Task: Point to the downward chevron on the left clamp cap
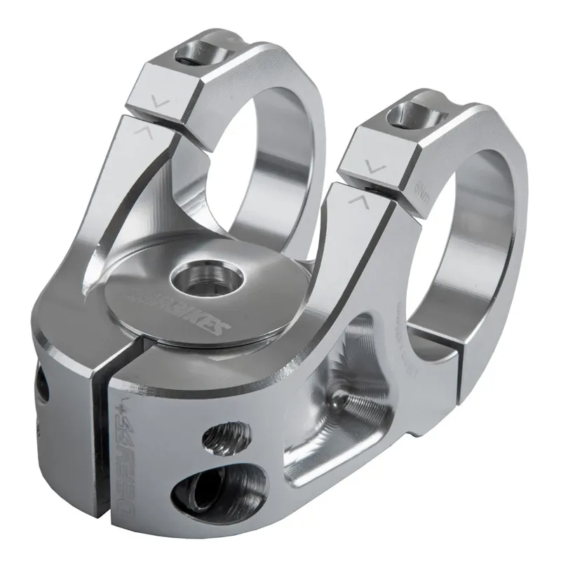pyautogui.click(x=162, y=102)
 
